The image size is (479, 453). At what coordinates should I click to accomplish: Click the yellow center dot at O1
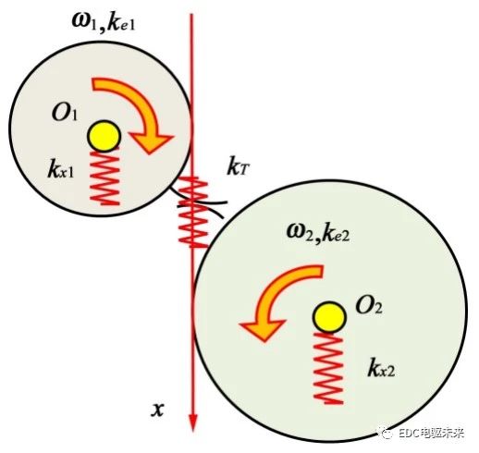point(104,136)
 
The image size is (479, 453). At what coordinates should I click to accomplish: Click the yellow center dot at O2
point(329,317)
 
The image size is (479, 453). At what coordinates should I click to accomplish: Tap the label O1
point(64,113)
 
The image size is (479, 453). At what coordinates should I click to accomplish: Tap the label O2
point(369,306)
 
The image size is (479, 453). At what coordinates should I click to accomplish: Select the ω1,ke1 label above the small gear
point(104,23)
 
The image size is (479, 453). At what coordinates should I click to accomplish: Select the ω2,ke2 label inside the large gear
point(318,233)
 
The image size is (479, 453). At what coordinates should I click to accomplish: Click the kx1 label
point(61,169)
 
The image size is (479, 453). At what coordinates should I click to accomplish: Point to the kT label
point(238,168)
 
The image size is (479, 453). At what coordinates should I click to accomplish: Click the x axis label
point(157,410)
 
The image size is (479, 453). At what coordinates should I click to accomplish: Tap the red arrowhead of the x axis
point(193,422)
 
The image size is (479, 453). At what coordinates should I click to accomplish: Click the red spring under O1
point(104,177)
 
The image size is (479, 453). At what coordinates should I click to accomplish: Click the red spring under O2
point(328,368)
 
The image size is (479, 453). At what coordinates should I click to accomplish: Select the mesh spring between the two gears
point(193,212)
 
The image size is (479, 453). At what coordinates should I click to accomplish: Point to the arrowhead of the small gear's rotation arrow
point(151,142)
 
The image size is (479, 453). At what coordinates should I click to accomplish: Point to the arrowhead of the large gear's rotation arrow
point(262,330)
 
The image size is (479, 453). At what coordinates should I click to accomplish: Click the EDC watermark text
point(431,434)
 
